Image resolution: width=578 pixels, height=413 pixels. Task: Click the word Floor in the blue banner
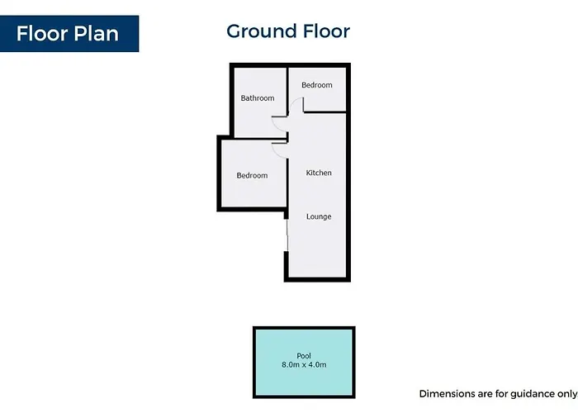(42, 34)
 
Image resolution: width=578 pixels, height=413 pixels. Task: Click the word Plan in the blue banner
(97, 34)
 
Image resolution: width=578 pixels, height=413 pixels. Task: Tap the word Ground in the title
(262, 31)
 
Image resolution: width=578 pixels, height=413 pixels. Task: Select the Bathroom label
(258, 98)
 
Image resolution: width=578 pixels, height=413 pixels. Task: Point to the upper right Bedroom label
(317, 85)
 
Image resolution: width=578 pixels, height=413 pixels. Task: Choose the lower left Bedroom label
(252, 175)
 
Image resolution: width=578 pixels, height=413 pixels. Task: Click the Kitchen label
(319, 173)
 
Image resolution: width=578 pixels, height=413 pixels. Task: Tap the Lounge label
(319, 216)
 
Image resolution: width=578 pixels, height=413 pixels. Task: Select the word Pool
(304, 356)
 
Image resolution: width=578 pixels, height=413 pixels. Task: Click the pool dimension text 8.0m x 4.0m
(304, 365)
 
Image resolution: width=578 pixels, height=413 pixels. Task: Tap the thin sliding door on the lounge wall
(287, 235)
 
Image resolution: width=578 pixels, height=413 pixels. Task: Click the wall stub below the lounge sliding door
(286, 265)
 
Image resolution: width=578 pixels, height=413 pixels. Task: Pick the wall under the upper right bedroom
(325, 112)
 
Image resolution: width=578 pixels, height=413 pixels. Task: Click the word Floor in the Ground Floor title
(326, 31)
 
